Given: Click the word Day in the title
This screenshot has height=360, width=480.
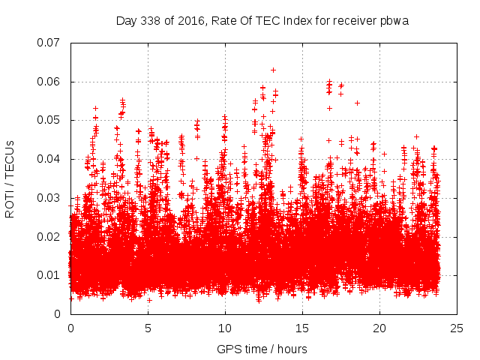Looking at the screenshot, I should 126,20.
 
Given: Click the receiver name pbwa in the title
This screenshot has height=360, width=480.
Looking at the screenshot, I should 394,20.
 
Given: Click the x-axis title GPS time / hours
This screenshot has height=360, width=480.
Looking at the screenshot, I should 262,349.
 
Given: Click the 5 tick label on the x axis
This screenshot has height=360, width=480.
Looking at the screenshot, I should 148,328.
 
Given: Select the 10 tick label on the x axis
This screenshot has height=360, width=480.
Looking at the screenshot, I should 225,328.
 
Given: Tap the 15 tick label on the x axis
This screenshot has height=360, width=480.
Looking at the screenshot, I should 302,328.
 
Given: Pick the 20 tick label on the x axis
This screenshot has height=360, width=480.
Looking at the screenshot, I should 379,328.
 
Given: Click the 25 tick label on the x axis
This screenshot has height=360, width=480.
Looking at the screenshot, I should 457,328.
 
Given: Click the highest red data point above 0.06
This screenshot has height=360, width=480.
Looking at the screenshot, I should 273,70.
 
